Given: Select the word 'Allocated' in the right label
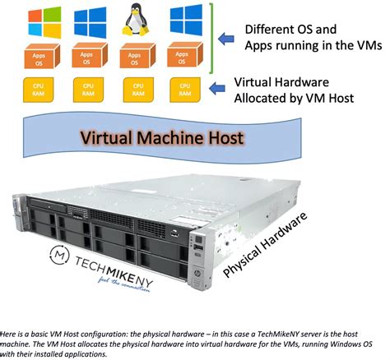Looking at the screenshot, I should click(x=264, y=99).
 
